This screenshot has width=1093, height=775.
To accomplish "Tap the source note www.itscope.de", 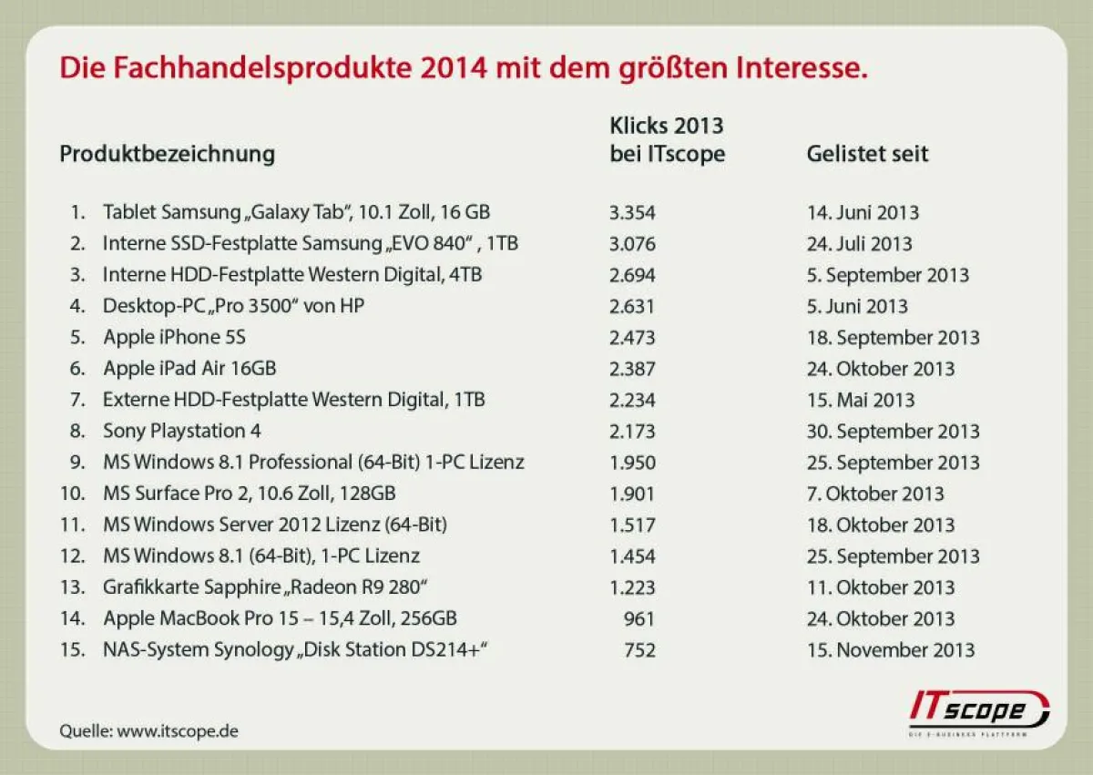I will pos(148,730).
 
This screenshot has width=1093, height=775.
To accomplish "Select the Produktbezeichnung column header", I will pos(167,153).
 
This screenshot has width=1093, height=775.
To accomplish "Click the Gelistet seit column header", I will pos(867,153).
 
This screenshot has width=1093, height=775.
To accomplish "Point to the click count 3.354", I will pos(632,212).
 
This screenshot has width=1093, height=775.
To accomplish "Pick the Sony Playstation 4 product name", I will pos(182,431).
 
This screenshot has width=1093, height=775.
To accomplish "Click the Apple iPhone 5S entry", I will pos(174,337).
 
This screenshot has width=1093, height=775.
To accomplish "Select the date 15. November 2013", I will pos(890,650).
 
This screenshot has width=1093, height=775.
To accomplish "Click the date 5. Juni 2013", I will pos(857,306).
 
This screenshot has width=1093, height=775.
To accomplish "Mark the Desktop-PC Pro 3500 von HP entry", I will pos(233,306).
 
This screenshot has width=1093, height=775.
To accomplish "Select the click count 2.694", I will pos(632,275).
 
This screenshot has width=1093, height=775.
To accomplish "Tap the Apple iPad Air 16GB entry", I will pos(189,369).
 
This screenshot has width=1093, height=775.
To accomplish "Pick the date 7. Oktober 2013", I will pos(875,494).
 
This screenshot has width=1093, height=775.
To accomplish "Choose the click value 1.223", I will pos(632,587).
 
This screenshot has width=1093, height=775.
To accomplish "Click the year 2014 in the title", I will pos(454,67).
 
